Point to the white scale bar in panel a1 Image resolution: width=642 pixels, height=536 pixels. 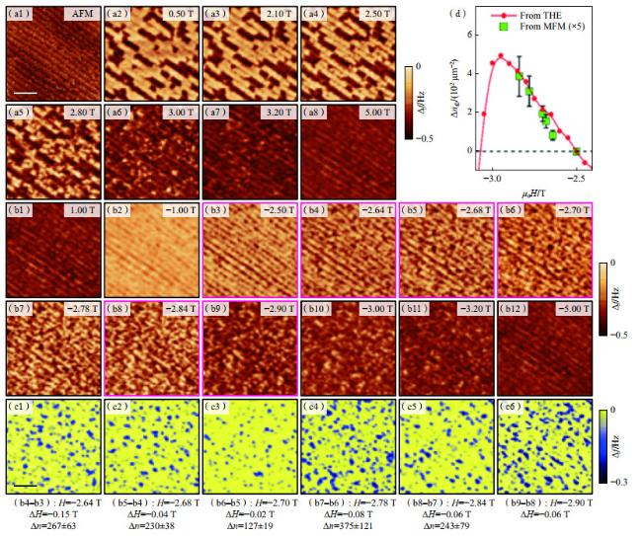27,94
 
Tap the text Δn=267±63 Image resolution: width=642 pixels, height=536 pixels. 51,529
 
